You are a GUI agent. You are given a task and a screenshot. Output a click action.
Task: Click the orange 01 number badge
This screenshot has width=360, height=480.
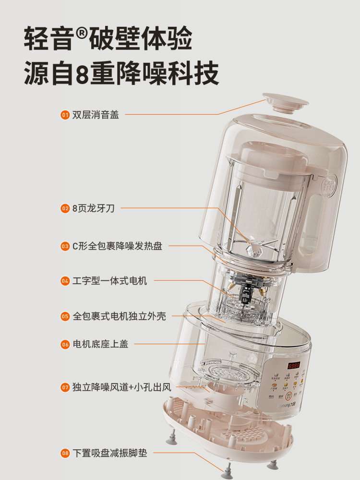click(x=65, y=115)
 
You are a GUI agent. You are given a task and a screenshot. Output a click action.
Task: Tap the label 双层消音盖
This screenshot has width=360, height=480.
click(x=96, y=115)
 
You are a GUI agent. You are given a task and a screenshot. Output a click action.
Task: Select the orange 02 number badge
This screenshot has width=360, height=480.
click(x=65, y=208)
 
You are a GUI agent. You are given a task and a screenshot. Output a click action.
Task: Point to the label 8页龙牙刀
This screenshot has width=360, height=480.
click(x=94, y=208)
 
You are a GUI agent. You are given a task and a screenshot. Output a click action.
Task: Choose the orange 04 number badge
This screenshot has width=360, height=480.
click(x=65, y=281)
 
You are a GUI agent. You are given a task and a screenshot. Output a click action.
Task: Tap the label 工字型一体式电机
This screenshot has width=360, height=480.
click(x=110, y=281)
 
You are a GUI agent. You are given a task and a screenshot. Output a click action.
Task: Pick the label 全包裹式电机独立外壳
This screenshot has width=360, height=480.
click(x=120, y=316)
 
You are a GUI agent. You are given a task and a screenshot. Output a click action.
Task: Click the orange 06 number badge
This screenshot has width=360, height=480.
click(x=65, y=344)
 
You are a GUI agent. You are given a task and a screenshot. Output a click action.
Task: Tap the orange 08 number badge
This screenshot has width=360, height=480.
click(x=65, y=453)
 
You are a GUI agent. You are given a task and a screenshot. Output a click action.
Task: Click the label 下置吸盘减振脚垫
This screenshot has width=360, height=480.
click(x=110, y=453)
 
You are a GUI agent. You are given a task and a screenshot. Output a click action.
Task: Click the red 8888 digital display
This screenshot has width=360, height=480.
click(x=294, y=365)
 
